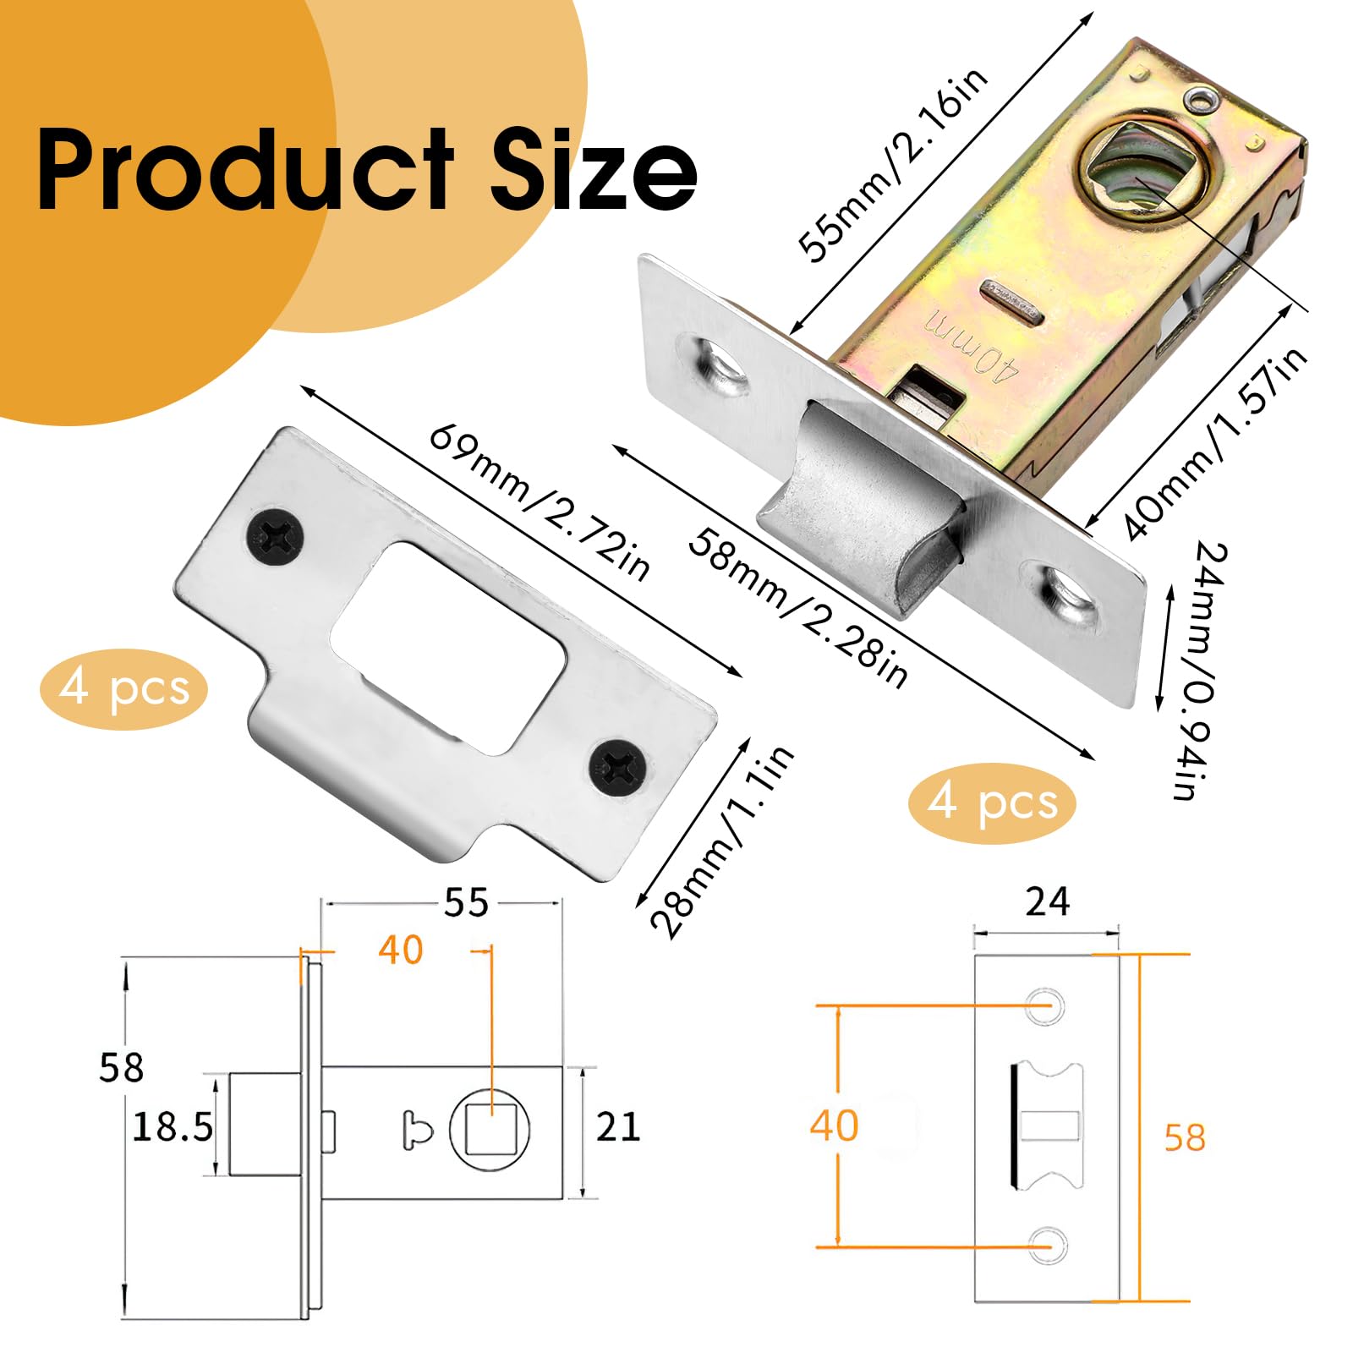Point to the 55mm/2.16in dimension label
pos(893,164)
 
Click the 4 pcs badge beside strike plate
pos(123,688)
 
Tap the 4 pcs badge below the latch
pos(992,802)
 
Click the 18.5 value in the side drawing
pos(173,1127)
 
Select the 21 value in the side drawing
pos(618,1127)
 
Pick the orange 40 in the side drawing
pos(400,950)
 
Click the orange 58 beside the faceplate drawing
pos(1184,1137)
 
